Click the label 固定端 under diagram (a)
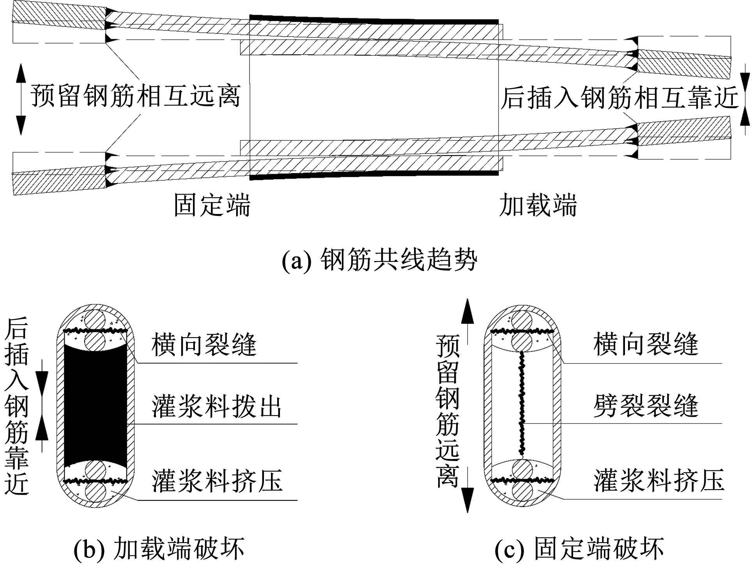[x=212, y=205]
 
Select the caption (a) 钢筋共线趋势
[x=379, y=260]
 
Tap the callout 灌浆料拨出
[x=217, y=407]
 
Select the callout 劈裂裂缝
[x=646, y=406]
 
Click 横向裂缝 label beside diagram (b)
[x=204, y=344]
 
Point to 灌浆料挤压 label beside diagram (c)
[x=659, y=480]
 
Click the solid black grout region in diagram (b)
[x=96, y=405]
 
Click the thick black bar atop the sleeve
[x=374, y=19]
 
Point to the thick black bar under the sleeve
[x=374, y=175]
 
